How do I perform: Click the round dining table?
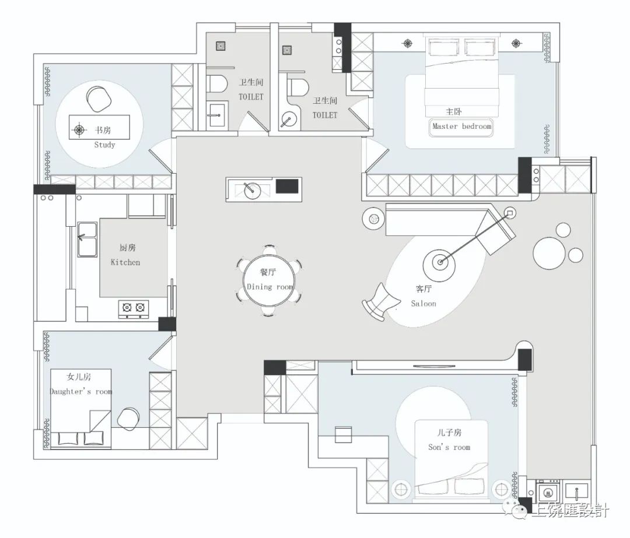tap(268, 280)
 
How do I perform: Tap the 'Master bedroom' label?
tap(461, 126)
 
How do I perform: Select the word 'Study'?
tap(104, 145)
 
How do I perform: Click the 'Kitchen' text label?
tap(125, 262)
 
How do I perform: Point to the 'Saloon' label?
tap(423, 304)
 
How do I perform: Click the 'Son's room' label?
tap(449, 447)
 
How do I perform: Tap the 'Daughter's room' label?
tap(80, 392)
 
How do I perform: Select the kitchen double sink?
tap(87, 240)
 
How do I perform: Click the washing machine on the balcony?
tap(548, 493)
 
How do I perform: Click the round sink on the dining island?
tap(253, 190)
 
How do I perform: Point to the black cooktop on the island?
tap(287, 186)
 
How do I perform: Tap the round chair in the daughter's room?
tap(128, 419)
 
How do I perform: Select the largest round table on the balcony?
tap(549, 253)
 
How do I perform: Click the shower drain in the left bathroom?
tap(220, 46)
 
